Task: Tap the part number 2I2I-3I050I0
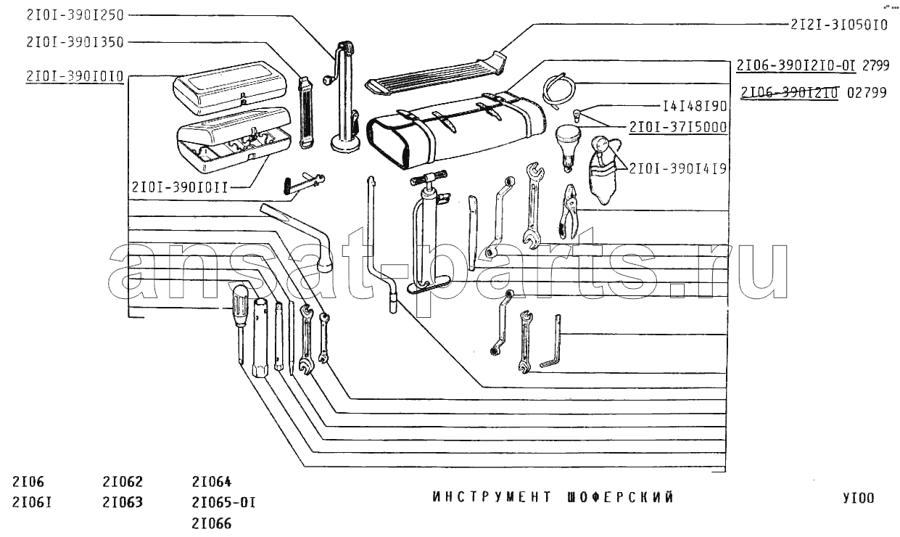click(x=839, y=25)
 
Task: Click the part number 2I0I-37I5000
click(x=679, y=127)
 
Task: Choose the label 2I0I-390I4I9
click(x=679, y=168)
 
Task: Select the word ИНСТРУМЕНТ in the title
click(x=487, y=498)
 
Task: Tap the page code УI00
click(x=859, y=498)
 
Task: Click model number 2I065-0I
click(x=224, y=502)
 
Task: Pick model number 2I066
click(x=212, y=522)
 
